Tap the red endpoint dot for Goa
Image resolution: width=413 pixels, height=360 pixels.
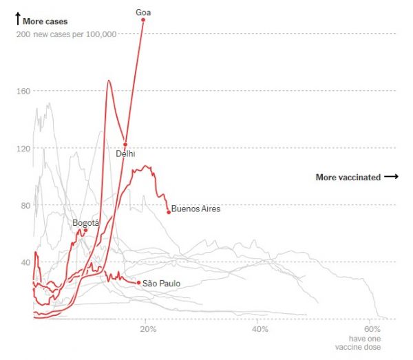[x=143, y=19]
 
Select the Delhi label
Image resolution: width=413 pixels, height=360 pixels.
[x=125, y=153]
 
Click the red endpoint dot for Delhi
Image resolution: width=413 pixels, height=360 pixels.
[x=125, y=145]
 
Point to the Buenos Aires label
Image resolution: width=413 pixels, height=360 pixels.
[x=195, y=209]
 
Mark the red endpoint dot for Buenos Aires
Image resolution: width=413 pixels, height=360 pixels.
[x=169, y=212]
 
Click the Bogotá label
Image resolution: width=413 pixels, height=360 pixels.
[x=86, y=222]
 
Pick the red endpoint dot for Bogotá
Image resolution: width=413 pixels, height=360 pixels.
[x=85, y=230]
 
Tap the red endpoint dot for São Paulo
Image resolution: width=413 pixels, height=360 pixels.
[x=138, y=282]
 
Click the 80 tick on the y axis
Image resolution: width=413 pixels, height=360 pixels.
[x=24, y=205]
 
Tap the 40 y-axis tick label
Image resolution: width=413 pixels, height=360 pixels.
[x=24, y=262]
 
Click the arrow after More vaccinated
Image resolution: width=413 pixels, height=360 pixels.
[x=391, y=177]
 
